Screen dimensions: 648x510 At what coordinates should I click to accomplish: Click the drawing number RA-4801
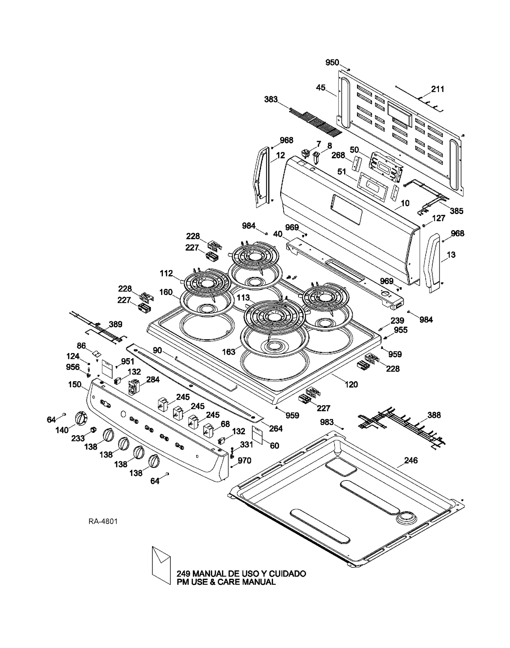pyautogui.click(x=103, y=521)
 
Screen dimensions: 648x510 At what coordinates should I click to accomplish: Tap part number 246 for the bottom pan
pyautogui.click(x=411, y=460)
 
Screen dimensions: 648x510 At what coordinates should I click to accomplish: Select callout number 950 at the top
pyautogui.click(x=332, y=63)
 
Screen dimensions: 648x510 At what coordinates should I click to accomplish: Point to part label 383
pyautogui.click(x=271, y=100)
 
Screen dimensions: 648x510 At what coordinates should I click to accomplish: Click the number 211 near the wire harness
pyautogui.click(x=438, y=89)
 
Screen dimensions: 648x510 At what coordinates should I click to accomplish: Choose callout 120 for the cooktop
pyautogui.click(x=351, y=384)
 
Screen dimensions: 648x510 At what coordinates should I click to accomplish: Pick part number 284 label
pyautogui.click(x=153, y=380)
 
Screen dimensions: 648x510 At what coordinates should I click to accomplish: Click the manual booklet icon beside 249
pyautogui.click(x=161, y=565)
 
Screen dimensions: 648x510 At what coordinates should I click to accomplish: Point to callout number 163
pyautogui.click(x=229, y=352)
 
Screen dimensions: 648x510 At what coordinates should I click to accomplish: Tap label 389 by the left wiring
pyautogui.click(x=116, y=324)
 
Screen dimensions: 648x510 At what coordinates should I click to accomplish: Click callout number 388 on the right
pyautogui.click(x=434, y=415)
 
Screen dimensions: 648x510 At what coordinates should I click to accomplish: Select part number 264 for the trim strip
pyautogui.click(x=276, y=429)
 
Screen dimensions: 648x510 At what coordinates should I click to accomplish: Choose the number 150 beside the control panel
pyautogui.click(x=75, y=384)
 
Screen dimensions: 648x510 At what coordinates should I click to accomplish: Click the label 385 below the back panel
pyautogui.click(x=456, y=211)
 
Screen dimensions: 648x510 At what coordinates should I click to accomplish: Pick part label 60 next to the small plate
pyautogui.click(x=274, y=445)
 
